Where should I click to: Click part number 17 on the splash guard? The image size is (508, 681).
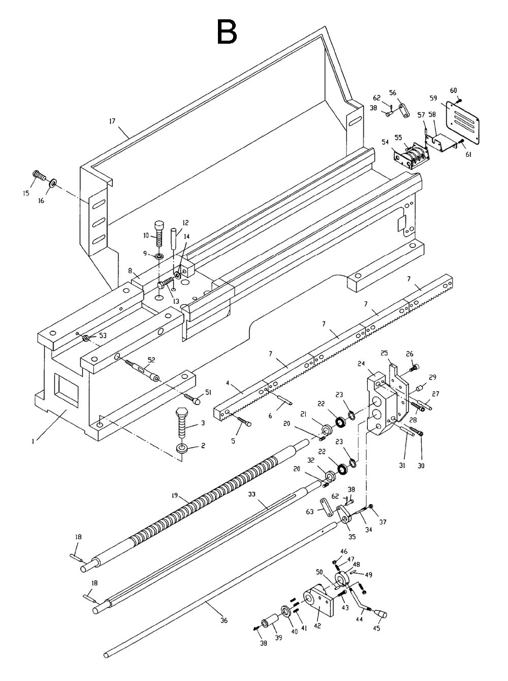(112, 121)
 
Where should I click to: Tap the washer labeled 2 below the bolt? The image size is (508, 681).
(181, 448)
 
